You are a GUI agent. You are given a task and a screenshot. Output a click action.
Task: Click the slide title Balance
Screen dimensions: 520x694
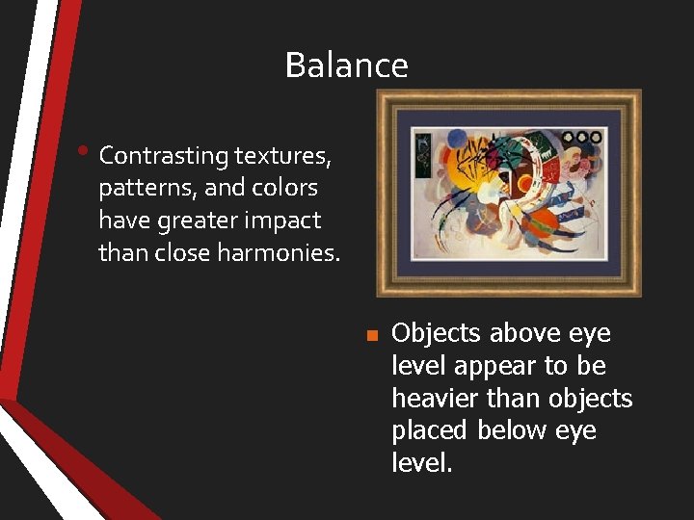click(346, 65)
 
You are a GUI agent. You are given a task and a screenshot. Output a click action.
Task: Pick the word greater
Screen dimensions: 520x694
click(208, 221)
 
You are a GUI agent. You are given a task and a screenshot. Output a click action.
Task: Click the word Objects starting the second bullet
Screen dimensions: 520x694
click(436, 333)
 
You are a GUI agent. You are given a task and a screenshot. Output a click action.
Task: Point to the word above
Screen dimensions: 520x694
click(526, 333)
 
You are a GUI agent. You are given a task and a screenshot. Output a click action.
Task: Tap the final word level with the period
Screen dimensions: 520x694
click(421, 463)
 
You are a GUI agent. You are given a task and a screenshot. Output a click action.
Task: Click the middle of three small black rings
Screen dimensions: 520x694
click(581, 138)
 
